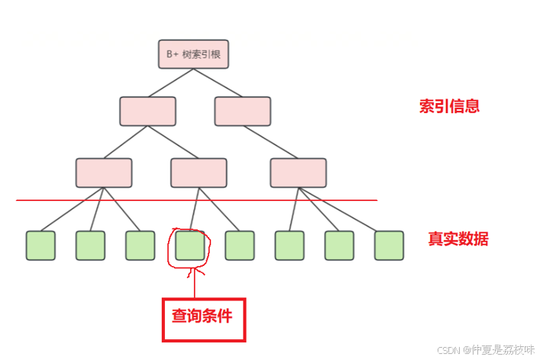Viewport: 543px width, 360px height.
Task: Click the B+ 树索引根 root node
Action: point(194,54)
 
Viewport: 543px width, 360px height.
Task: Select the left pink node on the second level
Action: point(147,112)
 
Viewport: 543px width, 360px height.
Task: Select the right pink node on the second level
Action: point(242,112)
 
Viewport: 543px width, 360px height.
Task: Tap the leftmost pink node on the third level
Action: point(104,173)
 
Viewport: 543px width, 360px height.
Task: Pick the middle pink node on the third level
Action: point(199,173)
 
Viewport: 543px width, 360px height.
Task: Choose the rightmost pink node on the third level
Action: point(298,173)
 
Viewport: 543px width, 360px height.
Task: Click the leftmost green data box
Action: point(40,245)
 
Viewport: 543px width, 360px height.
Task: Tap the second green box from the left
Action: point(90,245)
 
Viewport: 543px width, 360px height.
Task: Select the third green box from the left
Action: point(140,245)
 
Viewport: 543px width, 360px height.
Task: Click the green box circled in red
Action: point(190,245)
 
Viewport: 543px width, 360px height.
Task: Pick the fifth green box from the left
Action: point(240,245)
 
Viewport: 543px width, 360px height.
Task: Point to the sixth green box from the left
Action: point(289,245)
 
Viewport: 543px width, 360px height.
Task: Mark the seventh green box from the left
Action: point(339,245)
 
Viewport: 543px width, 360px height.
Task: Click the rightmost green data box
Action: point(389,245)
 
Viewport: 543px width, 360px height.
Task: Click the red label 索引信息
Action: point(449,106)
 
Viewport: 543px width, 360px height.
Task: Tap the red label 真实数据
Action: point(457,239)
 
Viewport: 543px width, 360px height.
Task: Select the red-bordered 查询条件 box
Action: point(203,319)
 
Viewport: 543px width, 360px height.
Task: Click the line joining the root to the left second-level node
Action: point(171,83)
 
